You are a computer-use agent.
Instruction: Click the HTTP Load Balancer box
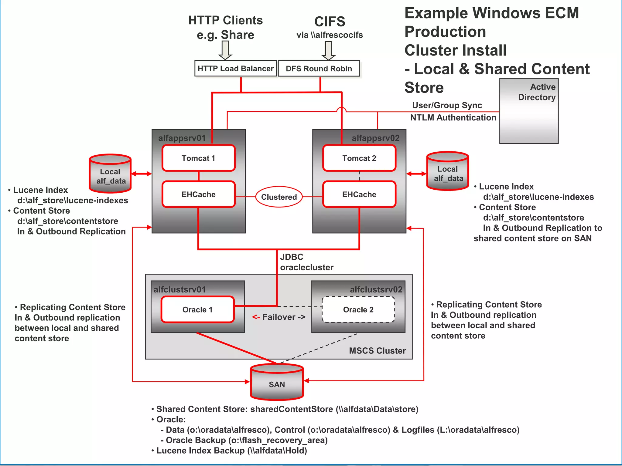(x=235, y=69)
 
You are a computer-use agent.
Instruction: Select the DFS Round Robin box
(x=319, y=69)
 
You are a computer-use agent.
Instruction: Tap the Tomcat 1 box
(x=198, y=158)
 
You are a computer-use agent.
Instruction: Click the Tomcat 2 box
(x=359, y=158)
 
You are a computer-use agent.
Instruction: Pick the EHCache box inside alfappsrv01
(x=198, y=194)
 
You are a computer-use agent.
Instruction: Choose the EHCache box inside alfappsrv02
(x=359, y=194)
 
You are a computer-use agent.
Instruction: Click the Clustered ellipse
(x=279, y=197)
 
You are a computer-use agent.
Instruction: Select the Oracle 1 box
(x=197, y=309)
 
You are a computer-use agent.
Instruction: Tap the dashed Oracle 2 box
(x=358, y=309)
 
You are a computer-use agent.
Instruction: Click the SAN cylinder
(x=277, y=383)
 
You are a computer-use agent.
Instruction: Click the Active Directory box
(x=529, y=111)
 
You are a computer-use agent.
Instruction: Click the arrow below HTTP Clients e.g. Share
(x=225, y=50)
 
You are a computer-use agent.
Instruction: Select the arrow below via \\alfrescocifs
(x=329, y=50)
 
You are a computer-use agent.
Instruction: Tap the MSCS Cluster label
(x=377, y=351)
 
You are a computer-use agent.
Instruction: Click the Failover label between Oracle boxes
(x=279, y=317)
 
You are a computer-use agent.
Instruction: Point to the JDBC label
(x=292, y=257)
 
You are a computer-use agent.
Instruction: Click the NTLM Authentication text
(x=453, y=118)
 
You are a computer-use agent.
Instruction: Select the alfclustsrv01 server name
(x=179, y=289)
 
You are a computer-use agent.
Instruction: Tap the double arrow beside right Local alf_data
(x=416, y=174)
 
